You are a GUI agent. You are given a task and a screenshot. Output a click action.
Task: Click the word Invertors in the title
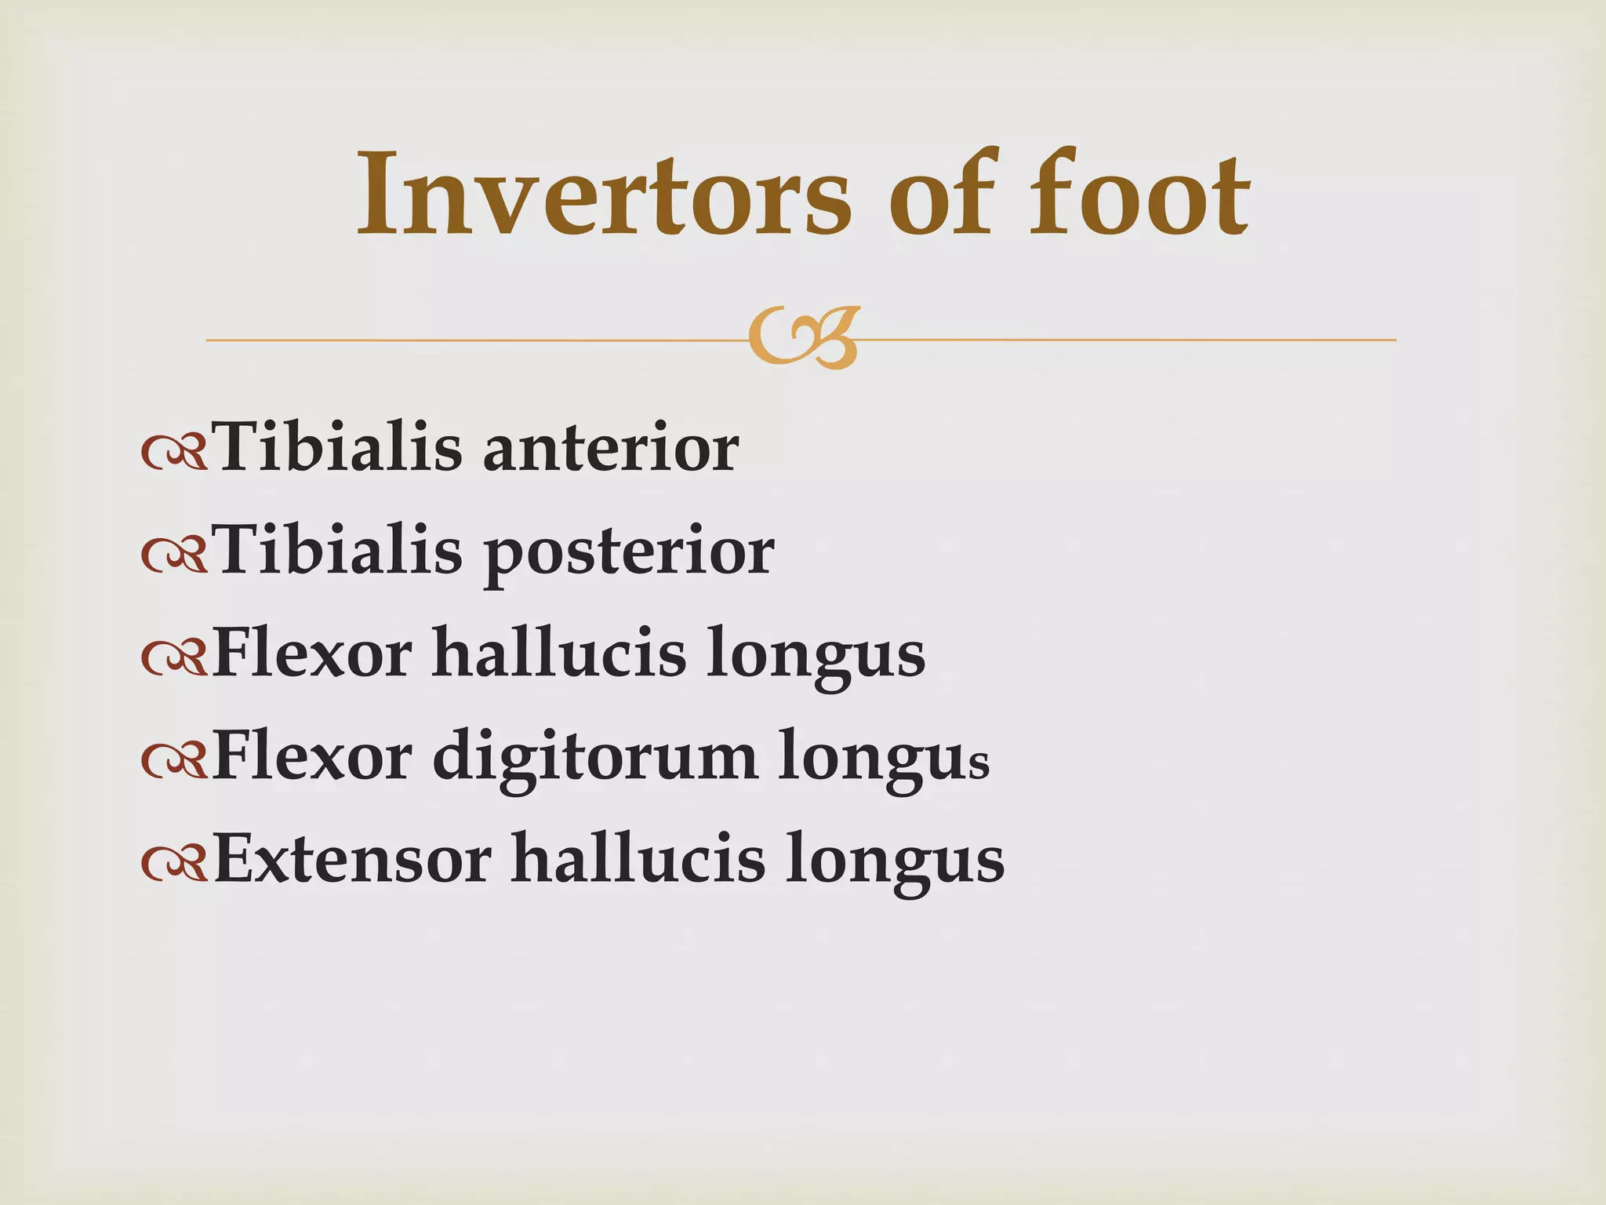(x=604, y=195)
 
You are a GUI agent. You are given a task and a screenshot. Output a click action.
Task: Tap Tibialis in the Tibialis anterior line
(x=339, y=447)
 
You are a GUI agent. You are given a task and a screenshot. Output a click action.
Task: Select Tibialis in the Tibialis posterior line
(x=339, y=551)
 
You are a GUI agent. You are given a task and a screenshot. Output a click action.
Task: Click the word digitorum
(x=595, y=758)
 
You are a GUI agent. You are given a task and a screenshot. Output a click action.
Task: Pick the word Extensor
(x=353, y=859)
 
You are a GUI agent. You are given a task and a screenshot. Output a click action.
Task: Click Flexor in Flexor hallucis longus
(x=312, y=653)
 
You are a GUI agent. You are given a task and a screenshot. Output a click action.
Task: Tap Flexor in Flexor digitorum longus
(x=312, y=756)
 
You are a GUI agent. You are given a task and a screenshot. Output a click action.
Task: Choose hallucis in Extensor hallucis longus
(x=638, y=859)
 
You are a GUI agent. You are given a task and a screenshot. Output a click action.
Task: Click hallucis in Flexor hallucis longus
(x=559, y=653)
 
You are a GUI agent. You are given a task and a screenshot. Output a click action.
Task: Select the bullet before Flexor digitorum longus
(x=174, y=762)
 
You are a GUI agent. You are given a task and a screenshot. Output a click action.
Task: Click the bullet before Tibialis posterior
(x=174, y=556)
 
